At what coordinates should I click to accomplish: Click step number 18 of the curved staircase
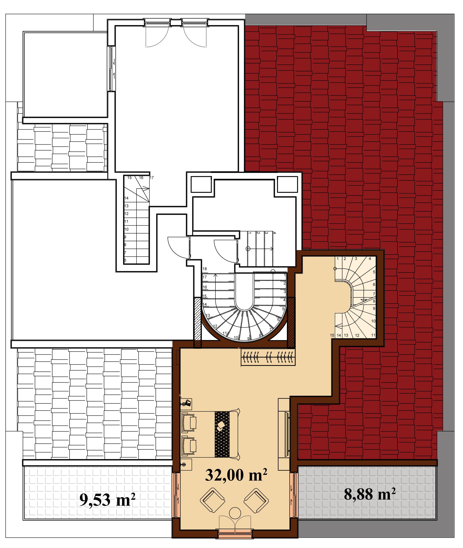point(205,269)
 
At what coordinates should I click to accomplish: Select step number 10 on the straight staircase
point(126,229)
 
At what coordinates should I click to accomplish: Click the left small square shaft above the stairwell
point(201,184)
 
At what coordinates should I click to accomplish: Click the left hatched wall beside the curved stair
point(197,323)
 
